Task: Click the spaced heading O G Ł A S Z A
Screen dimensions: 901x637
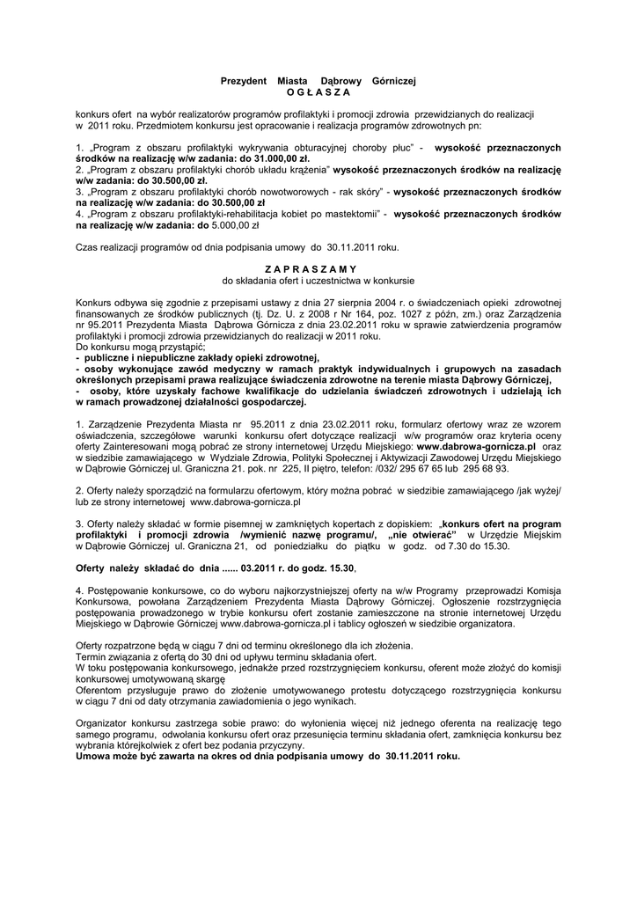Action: click(318, 92)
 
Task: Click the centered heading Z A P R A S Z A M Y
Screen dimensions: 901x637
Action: click(318, 268)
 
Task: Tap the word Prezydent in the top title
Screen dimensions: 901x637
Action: click(243, 81)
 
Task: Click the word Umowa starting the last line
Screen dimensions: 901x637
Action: click(95, 756)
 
